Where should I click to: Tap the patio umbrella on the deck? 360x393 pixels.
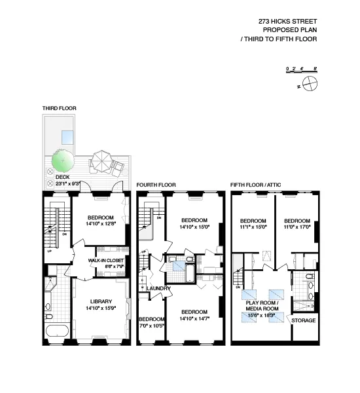pos(101,159)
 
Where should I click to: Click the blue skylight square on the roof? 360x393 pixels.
pos(67,137)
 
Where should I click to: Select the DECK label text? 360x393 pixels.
pos(62,177)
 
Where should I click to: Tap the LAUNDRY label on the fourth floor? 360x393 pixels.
pos(158,288)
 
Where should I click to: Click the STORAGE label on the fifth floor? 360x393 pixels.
pos(303,320)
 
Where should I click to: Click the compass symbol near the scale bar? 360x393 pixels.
pos(312,83)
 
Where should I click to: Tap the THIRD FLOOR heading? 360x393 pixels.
pos(59,108)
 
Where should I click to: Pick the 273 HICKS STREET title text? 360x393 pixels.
pos(288,21)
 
